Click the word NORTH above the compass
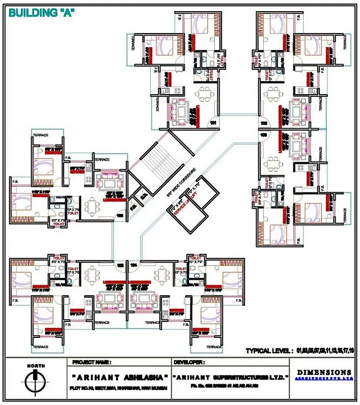pos(35,366)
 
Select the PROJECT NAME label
pos(92,362)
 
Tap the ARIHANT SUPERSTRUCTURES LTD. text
pos(231,378)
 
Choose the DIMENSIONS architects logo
pos(324,374)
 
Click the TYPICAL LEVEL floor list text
pos(300,351)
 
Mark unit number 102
pos(264,124)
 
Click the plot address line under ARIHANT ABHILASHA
pos(120,390)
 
